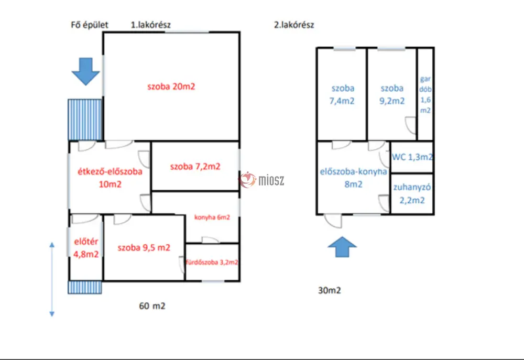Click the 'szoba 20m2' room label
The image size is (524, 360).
coord(171,86)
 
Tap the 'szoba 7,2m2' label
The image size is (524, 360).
coord(195,167)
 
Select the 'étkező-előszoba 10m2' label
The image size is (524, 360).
coord(110,178)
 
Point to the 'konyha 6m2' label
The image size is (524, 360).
coord(212,217)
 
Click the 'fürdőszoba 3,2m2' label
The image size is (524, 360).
coord(212,263)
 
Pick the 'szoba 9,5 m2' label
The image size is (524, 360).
coord(144,248)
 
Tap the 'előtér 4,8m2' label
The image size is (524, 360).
coord(86,248)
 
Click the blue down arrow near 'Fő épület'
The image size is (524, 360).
coord(85,72)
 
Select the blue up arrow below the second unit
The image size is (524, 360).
coord(342,247)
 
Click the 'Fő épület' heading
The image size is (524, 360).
coord(90,25)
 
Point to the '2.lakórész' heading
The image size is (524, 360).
coord(294,25)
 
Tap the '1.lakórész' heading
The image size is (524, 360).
coord(151,25)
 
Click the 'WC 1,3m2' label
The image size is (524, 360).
coord(412,157)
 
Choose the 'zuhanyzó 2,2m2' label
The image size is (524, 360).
coord(412,194)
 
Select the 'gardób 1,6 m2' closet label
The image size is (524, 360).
coord(425,95)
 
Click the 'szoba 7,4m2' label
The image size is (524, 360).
coord(342,95)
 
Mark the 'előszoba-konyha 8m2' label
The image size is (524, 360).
coord(353,178)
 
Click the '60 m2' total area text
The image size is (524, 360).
coord(152,306)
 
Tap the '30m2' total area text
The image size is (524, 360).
coord(330,290)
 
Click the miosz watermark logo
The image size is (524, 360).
coord(261,180)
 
